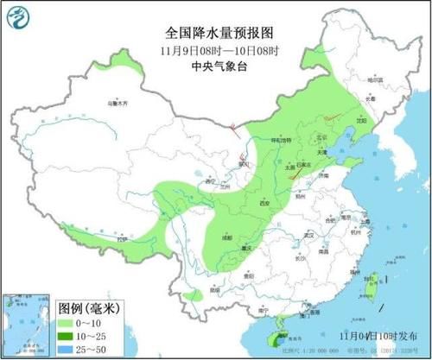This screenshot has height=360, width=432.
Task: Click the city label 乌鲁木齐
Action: click(117, 104)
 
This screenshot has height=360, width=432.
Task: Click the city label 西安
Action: click(264, 204)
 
